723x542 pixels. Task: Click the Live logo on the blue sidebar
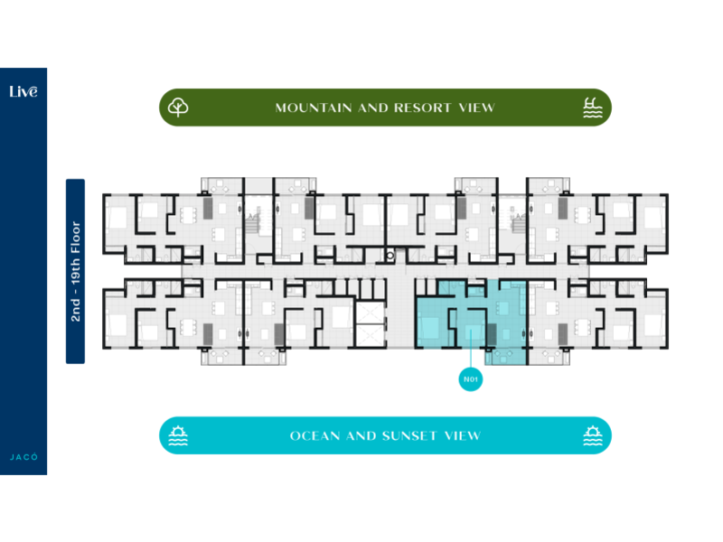point(23,91)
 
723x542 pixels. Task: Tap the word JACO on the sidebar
point(23,457)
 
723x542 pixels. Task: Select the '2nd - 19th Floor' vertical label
point(76,271)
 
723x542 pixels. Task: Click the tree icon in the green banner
point(179,107)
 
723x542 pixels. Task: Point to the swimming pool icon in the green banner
point(592,107)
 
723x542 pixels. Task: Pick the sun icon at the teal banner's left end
point(177,436)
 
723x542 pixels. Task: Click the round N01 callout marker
point(470,380)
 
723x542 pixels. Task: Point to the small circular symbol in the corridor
point(390,256)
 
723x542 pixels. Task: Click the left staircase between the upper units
point(256,222)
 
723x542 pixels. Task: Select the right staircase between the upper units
point(517,222)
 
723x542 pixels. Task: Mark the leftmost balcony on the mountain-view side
point(222,185)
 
